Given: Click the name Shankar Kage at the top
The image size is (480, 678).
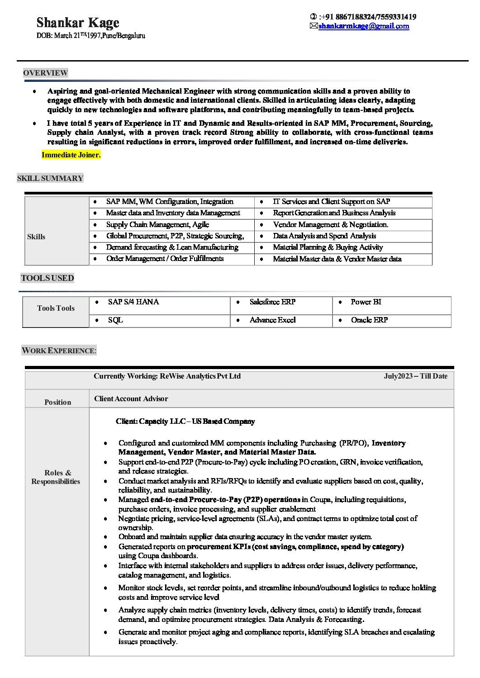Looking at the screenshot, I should coord(78,23).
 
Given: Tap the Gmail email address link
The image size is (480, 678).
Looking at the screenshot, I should coord(364,26).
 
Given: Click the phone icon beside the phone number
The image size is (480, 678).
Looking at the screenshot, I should coord(313,17).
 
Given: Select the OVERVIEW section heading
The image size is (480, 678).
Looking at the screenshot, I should coord(45,73).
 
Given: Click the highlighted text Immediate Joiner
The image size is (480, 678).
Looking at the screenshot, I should coord(71,155).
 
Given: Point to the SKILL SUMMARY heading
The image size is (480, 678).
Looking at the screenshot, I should coord(50,178).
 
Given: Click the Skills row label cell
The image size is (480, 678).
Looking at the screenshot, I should coord(36,237).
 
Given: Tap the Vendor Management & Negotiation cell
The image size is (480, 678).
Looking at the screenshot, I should coord(330,224).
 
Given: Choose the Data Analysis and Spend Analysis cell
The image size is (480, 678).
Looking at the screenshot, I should coord(324,236).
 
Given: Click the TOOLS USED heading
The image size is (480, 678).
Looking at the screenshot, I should coord(48,278).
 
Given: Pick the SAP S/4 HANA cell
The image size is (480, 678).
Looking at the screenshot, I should coord(133,302).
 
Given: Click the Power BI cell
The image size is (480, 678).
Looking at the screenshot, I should coord(366,302).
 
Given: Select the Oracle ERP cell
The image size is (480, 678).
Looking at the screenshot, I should coord(369,320).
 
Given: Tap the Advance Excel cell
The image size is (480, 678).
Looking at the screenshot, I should coord(272,320).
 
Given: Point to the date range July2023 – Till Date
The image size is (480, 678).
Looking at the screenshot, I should coord(415,376).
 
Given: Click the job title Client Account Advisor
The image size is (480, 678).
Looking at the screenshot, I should coord(131,398).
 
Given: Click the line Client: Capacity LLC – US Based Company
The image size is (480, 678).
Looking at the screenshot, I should coord(185,421).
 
